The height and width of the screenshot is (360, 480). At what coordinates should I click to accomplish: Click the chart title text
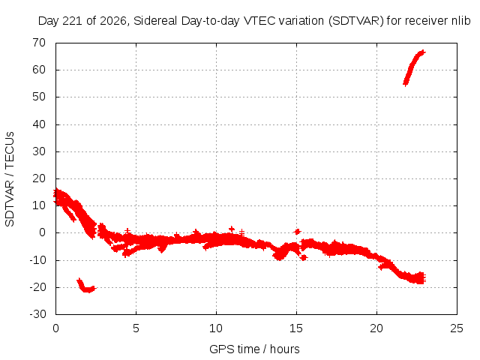coord(254,21)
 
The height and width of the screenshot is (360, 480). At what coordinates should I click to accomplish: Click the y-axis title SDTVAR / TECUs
coord(10,179)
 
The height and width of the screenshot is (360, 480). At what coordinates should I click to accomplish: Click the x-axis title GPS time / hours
coord(254,349)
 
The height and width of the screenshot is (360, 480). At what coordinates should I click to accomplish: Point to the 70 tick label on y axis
coord(39,43)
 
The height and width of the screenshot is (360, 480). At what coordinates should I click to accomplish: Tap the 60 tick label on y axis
coord(39,70)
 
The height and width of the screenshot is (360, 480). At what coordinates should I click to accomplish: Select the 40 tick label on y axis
coord(39,124)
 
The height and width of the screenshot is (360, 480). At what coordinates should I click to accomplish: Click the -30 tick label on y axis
coord(37,314)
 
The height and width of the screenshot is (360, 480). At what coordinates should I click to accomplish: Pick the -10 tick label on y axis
coord(37,260)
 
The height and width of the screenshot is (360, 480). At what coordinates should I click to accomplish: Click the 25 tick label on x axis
coord(457,328)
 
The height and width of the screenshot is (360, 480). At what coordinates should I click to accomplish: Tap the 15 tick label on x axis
coord(296,328)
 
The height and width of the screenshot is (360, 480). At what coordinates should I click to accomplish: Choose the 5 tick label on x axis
coord(136,328)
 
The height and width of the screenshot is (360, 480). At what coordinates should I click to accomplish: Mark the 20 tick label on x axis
coord(376,328)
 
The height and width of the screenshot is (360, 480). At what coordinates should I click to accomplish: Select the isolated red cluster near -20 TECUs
coord(86,286)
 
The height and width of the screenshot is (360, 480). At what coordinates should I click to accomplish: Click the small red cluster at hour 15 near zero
coord(297,232)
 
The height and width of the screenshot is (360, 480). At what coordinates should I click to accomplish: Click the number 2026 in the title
coord(113,21)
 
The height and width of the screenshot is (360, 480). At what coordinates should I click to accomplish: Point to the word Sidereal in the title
coord(155,21)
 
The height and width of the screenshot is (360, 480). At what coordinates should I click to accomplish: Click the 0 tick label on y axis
coord(42,232)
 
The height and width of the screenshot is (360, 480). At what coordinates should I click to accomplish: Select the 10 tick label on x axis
coord(216,328)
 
